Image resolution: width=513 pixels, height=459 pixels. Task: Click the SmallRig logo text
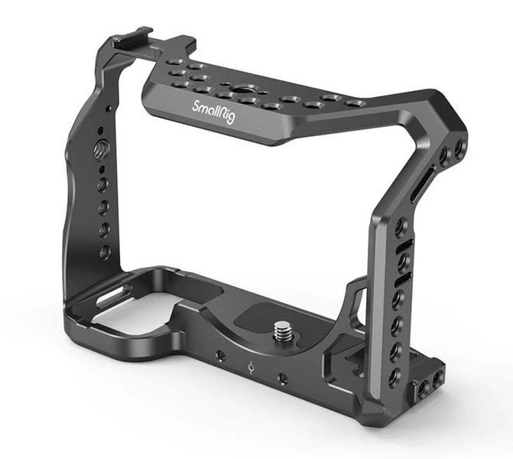coord(213,112)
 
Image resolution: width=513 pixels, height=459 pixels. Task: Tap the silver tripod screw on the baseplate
coord(281,332)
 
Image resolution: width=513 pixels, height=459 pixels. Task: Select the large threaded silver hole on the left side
coord(99,148)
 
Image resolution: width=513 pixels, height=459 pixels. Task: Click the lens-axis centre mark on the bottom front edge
coord(252,367)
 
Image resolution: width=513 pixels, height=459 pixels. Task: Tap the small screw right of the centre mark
coord(283,378)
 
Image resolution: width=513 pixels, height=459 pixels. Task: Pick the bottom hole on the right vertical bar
coord(395,375)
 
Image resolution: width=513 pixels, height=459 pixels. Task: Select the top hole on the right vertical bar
coord(401,226)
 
